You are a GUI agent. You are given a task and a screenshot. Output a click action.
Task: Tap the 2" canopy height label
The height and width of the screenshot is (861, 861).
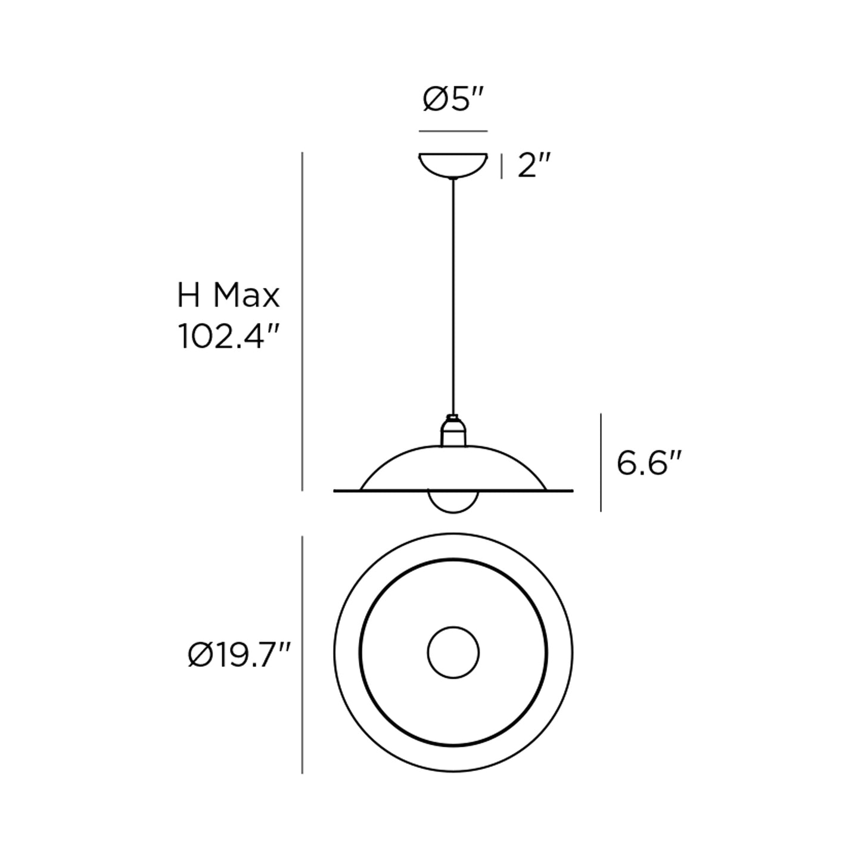point(533,165)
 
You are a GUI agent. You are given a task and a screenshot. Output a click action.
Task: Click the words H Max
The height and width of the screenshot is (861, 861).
point(228,296)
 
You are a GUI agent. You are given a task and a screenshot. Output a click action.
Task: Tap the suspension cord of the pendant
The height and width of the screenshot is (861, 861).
point(453,298)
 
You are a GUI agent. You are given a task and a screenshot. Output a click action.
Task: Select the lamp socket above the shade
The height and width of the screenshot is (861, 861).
point(453,431)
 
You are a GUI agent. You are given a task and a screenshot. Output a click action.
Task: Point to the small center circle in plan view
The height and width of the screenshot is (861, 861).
point(453,652)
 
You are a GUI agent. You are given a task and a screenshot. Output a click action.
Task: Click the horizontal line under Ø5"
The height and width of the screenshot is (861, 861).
point(453,130)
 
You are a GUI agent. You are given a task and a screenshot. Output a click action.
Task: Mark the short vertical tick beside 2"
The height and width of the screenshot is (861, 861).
point(502,166)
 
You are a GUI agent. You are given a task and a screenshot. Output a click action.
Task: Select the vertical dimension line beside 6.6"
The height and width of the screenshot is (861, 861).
point(601,462)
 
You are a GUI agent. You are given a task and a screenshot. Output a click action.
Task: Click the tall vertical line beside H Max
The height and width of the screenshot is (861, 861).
point(303,322)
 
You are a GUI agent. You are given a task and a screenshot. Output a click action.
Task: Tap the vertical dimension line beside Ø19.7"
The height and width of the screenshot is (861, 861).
point(303,654)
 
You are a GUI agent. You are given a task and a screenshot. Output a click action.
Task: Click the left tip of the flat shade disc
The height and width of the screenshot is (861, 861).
point(335,491)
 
